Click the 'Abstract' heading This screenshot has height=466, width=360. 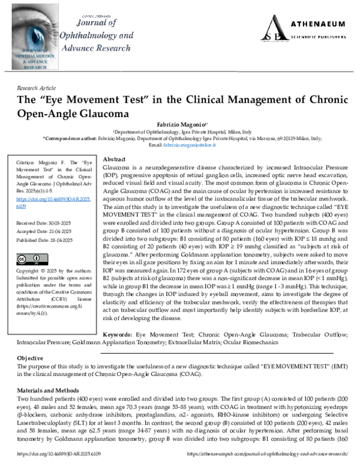[x=115, y=160]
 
